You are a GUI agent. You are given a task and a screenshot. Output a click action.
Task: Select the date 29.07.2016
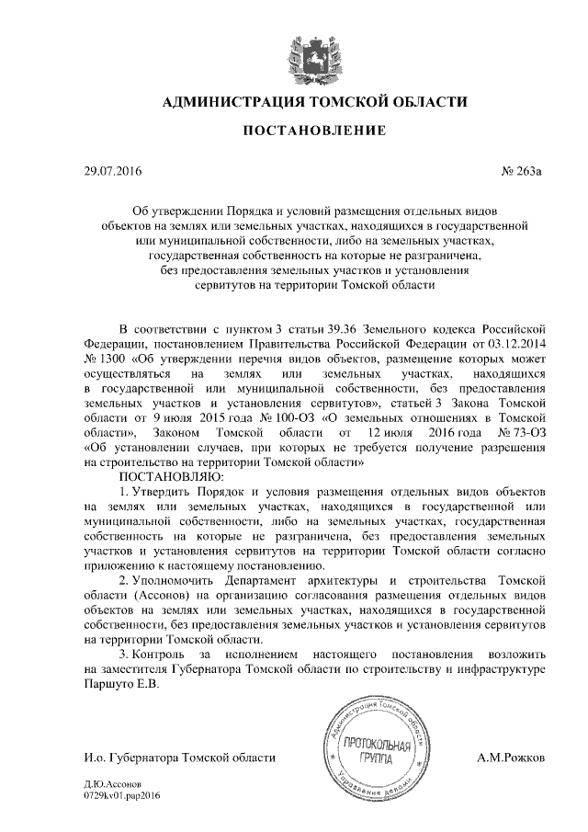[x=108, y=171]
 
